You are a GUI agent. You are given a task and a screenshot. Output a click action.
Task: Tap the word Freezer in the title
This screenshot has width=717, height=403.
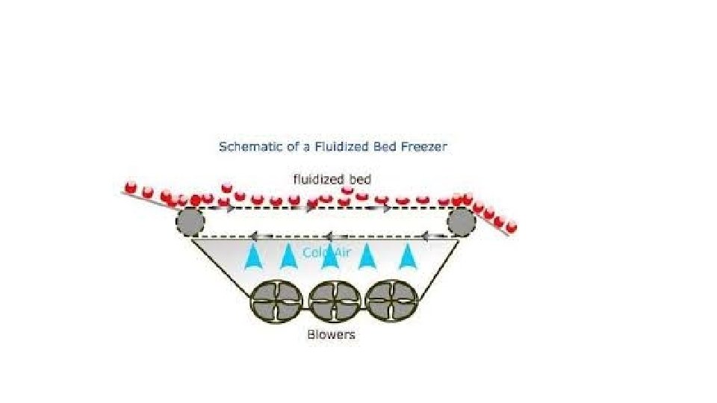(426, 147)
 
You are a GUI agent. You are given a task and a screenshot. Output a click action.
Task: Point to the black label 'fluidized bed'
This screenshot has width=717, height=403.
(332, 179)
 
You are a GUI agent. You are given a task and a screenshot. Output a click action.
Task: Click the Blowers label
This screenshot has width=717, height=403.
(331, 334)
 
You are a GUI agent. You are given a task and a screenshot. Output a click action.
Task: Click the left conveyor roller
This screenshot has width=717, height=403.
(190, 222)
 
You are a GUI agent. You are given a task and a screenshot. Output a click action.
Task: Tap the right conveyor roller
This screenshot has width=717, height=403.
(461, 222)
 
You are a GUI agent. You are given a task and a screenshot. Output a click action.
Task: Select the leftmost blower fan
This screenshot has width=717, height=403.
(274, 302)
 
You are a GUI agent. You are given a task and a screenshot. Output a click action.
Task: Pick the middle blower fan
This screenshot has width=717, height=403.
(332, 302)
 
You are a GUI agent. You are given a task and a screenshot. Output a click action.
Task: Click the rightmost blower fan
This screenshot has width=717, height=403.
(388, 302)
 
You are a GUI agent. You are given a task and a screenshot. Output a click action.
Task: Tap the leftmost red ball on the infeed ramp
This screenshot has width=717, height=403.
(130, 187)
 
